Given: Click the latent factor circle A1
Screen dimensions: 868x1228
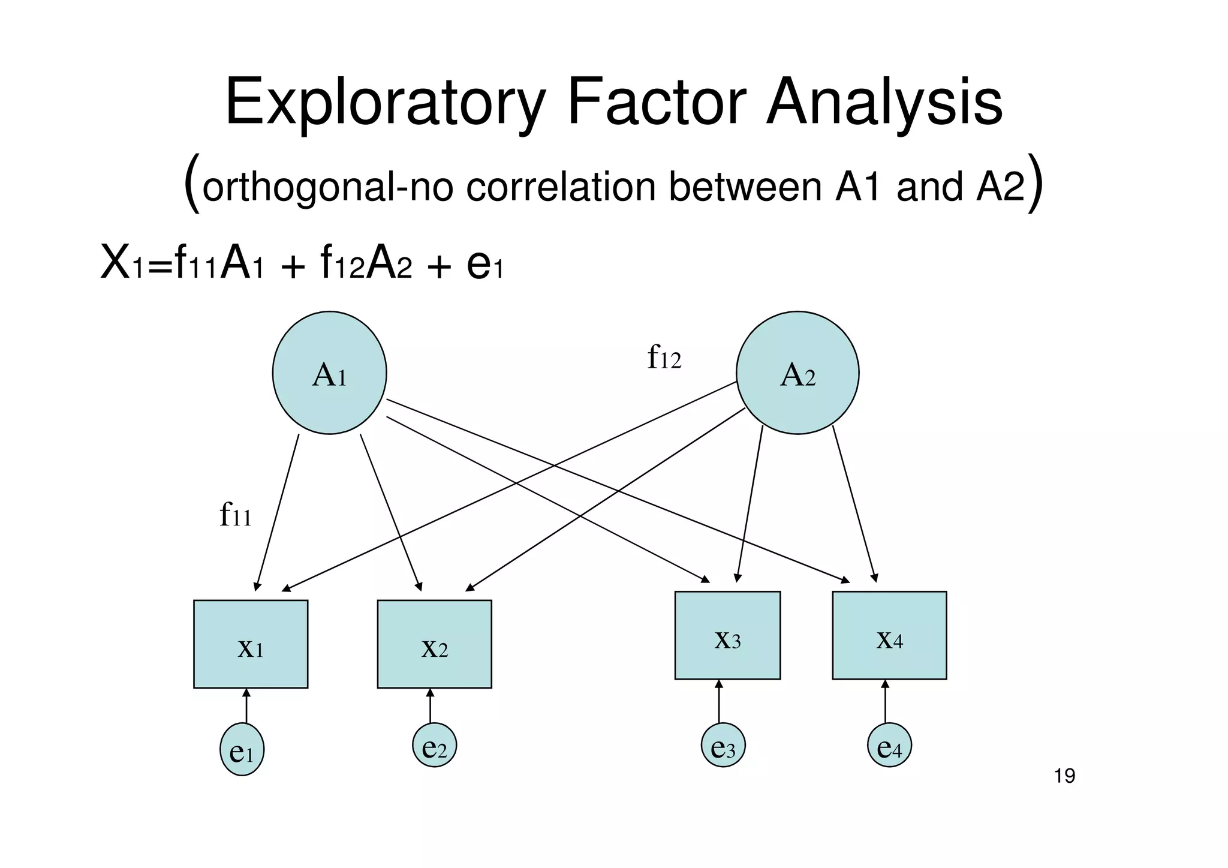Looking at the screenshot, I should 329,373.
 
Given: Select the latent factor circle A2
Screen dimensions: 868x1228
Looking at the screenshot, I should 797,373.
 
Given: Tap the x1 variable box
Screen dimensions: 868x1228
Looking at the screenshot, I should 251,644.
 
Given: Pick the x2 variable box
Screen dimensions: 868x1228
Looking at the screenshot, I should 434,644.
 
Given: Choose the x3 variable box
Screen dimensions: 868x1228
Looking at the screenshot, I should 727,635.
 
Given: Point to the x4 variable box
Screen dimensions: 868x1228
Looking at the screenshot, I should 889,635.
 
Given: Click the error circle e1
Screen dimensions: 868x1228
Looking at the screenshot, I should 242,749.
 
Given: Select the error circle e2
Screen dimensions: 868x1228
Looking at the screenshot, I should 434,745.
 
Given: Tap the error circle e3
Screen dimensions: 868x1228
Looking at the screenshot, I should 723,745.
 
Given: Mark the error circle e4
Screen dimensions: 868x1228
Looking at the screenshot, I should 889,745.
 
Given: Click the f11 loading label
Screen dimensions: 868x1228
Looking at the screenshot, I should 235,515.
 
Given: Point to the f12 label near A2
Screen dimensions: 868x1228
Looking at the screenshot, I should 664,358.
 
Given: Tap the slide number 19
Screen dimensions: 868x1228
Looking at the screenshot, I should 1064,776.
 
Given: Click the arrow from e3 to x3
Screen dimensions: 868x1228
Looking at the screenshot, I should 719,701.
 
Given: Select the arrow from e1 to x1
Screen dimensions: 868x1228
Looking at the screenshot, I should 246,706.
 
